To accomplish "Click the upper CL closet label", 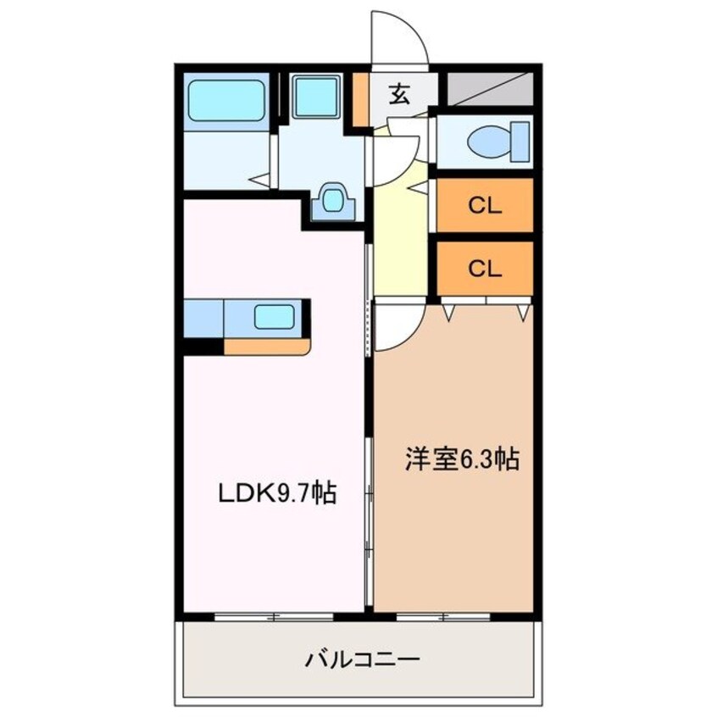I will [x=485, y=205].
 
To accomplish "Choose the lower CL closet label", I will [x=485, y=269].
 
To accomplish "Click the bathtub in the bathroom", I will [x=225, y=100].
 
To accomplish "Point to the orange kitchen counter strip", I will [x=267, y=346].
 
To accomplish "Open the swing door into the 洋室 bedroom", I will [x=395, y=326].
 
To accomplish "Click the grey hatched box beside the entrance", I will [x=490, y=86].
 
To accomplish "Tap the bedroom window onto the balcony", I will [x=437, y=616].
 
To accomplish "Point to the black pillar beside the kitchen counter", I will [x=203, y=346].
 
